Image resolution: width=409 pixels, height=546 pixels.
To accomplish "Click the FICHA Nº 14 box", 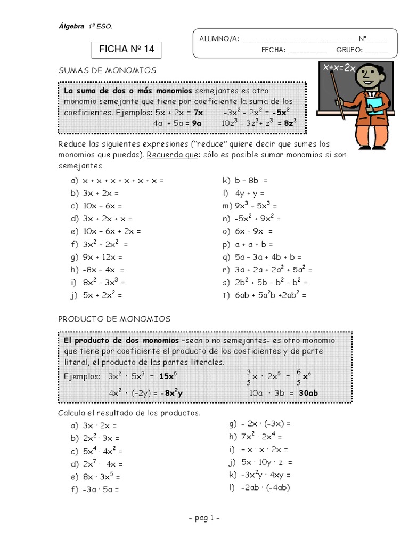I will [126, 50].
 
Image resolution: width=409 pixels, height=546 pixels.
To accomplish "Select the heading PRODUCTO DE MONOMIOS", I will [114, 319].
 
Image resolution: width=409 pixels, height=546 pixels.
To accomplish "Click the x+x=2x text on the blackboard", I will [339, 68].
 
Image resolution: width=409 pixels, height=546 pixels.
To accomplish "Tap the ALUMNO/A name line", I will [298, 38].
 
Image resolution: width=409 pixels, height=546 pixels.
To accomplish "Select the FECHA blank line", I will [308, 50].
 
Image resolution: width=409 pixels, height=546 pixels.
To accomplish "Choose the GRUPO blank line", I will [376, 50].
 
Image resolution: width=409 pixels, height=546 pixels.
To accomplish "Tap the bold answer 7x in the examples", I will [198, 113].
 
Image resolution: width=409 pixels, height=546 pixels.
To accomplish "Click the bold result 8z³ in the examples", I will [290, 123].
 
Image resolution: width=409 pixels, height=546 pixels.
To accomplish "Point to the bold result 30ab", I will [308, 394].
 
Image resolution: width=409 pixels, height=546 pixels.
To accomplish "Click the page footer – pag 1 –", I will [204, 518].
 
